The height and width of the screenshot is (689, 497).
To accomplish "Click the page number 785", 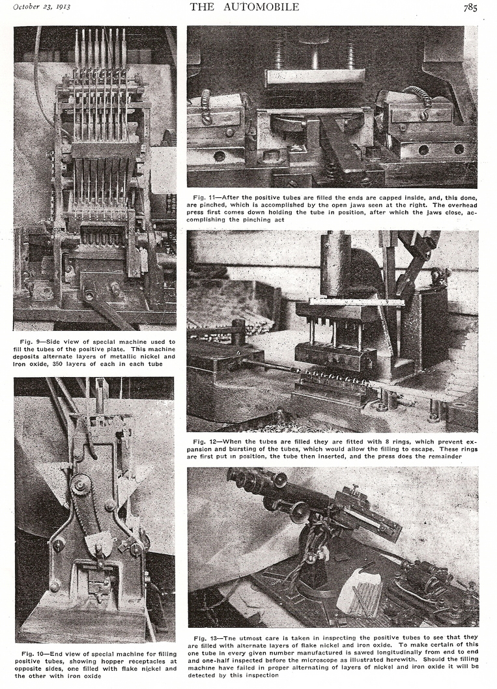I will pyautogui.click(x=470, y=7).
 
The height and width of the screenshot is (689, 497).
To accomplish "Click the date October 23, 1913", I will pyautogui.click(x=41, y=7).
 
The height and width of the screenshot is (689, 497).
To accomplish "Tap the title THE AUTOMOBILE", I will pyautogui.click(x=244, y=7).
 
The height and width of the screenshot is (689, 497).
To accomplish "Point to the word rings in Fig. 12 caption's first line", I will pyautogui.click(x=397, y=442).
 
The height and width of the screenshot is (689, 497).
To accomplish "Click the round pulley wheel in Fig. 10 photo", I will pyautogui.click(x=81, y=484).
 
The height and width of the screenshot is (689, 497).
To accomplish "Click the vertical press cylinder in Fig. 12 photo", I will pyautogui.click(x=335, y=264).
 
